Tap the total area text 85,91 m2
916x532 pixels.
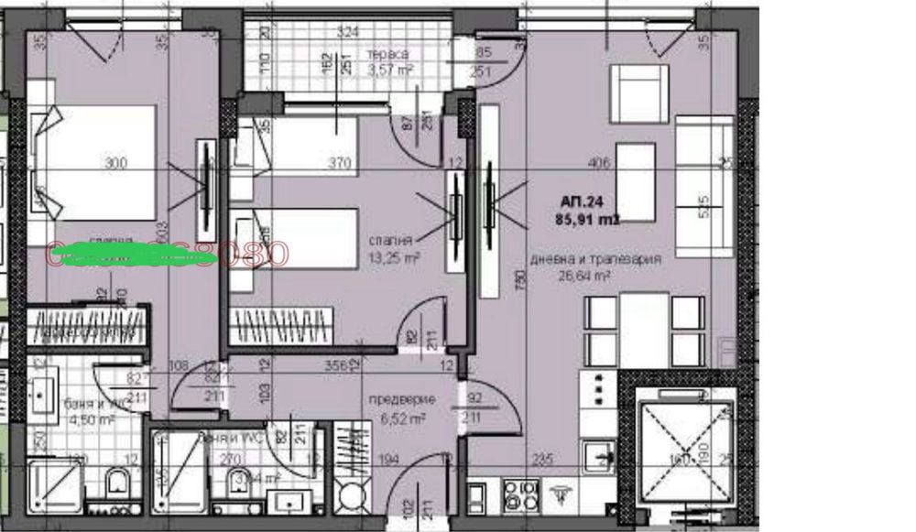pos(587,220)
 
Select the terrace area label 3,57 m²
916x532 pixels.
pos(388,68)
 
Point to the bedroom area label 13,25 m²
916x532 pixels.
pos(394,259)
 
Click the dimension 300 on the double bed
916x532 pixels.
pos(115,164)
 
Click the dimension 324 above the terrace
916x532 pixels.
pos(347,32)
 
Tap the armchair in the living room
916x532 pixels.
pos(638,92)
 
